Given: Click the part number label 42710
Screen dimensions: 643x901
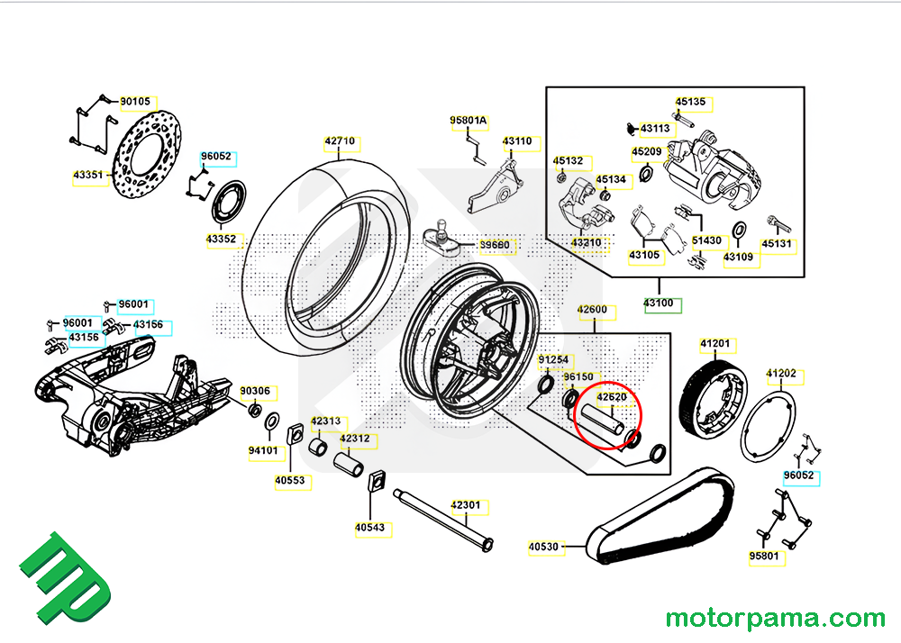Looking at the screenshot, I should click(x=341, y=142).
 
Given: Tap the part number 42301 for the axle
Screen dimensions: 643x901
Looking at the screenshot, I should click(x=466, y=506).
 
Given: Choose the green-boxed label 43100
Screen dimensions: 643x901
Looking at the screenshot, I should click(x=660, y=303).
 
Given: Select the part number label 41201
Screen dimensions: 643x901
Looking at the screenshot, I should click(x=716, y=344).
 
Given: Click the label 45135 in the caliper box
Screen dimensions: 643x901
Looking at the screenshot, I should click(x=691, y=103).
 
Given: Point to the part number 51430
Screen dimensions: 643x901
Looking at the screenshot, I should click(x=706, y=240).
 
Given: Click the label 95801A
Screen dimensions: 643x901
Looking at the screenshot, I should click(x=469, y=121).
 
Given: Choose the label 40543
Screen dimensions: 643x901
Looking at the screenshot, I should click(x=370, y=528).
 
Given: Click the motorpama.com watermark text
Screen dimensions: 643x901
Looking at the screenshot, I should click(x=775, y=619).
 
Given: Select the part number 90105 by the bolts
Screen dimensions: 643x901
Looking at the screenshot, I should click(x=135, y=103).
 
